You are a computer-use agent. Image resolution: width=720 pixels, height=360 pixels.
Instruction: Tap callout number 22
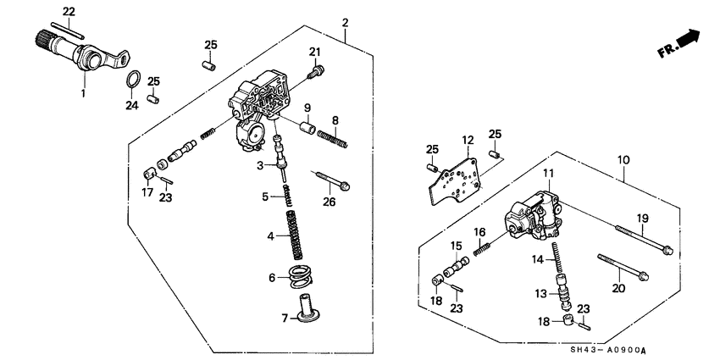tap(69, 10)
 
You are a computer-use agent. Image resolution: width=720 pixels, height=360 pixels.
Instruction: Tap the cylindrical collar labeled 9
tap(309, 129)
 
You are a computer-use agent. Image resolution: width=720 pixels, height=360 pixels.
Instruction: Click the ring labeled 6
tap(299, 275)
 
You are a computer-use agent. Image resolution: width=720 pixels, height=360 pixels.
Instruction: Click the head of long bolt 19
tap(668, 249)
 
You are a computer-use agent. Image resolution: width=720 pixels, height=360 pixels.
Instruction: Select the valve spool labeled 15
tap(456, 270)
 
